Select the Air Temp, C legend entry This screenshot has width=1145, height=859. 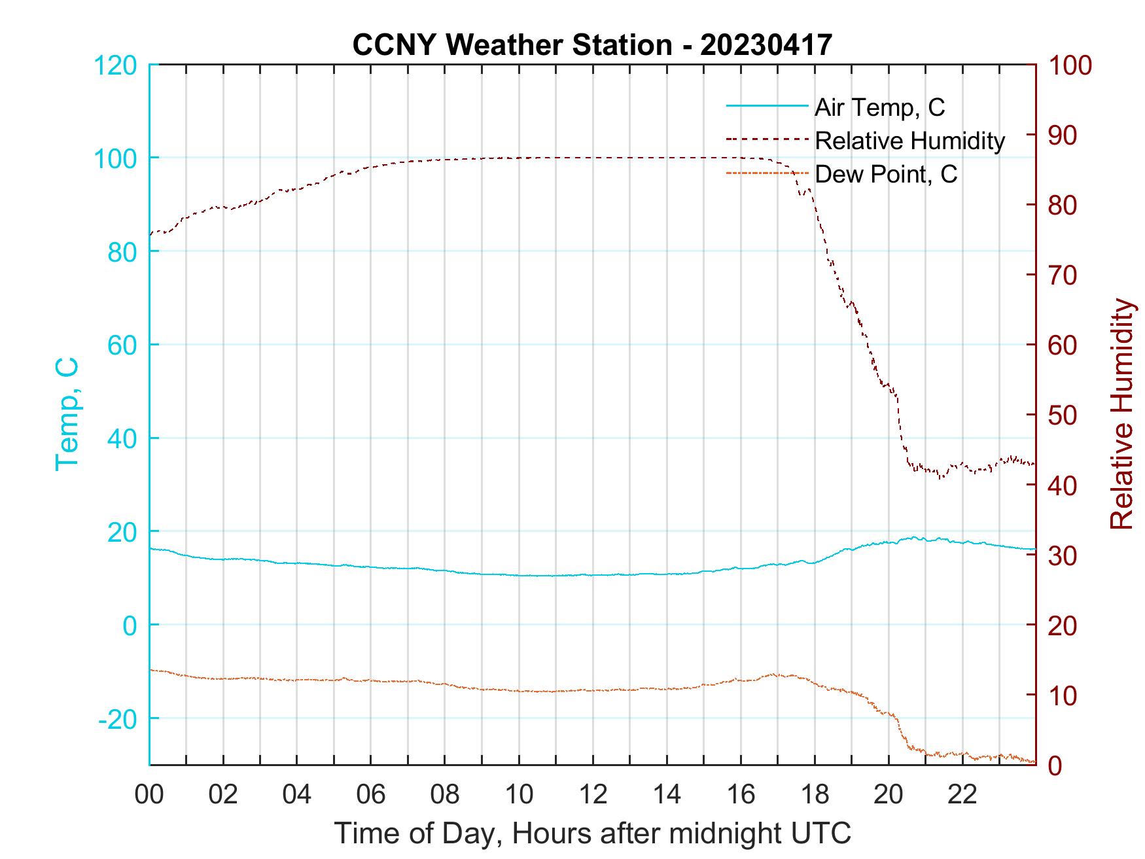[x=879, y=107]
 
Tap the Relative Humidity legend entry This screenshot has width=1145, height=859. [x=909, y=141]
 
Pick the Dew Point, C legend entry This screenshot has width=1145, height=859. [x=885, y=174]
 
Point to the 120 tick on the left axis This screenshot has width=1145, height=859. [x=115, y=65]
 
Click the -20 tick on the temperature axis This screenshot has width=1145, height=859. [x=117, y=719]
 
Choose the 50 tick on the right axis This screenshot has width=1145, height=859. [x=1063, y=415]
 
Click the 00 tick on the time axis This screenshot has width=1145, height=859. [x=149, y=795]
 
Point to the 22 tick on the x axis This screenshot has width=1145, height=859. [x=962, y=795]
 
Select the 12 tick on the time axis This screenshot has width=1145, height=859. [x=593, y=795]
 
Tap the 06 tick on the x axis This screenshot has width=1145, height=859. [x=371, y=795]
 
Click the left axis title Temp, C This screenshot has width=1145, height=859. [x=67, y=414]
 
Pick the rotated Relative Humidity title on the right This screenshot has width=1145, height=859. [x=1121, y=414]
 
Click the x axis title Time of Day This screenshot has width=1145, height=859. [x=593, y=833]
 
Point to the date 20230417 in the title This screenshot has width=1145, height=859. [x=766, y=45]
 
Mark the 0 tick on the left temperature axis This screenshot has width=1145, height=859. [x=131, y=625]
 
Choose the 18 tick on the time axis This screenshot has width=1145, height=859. [x=815, y=795]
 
